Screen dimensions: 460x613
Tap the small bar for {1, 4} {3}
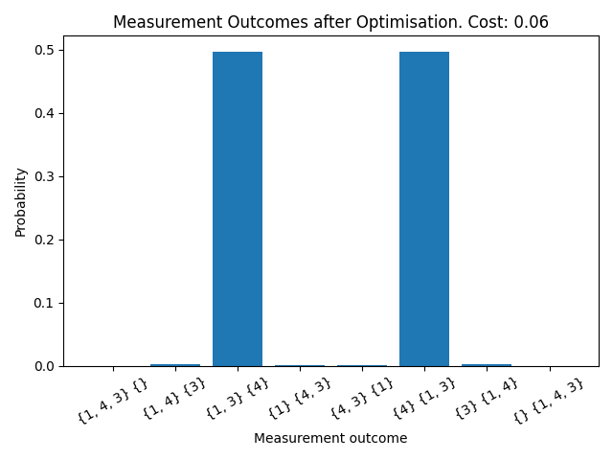[x=175, y=365]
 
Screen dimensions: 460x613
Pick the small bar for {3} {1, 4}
[x=487, y=365]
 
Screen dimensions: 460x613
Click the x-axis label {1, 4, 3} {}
[x=111, y=400]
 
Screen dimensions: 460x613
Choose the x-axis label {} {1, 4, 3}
[x=547, y=400]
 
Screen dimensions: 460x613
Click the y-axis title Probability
[x=20, y=204]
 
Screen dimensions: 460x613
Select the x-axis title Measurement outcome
[x=330, y=439]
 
